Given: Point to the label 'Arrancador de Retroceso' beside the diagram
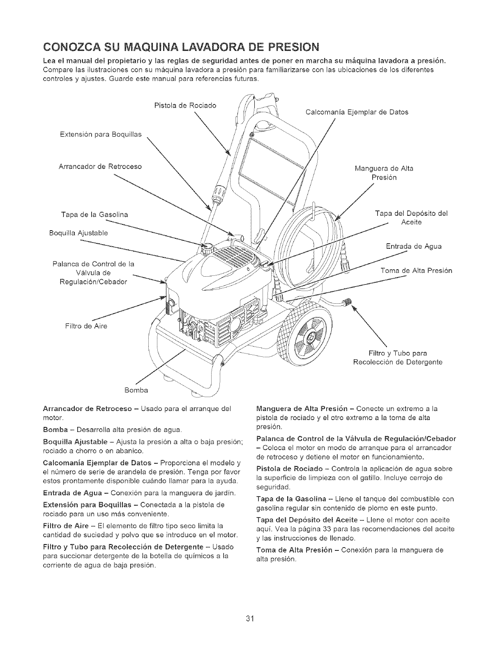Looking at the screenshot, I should [100, 166].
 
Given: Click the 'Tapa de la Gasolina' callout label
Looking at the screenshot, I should [94, 215].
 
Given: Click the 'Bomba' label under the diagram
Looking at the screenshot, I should [136, 389].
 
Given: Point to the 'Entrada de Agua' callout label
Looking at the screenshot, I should [414, 247].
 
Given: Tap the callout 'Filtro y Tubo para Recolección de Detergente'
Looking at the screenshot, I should [397, 358].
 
